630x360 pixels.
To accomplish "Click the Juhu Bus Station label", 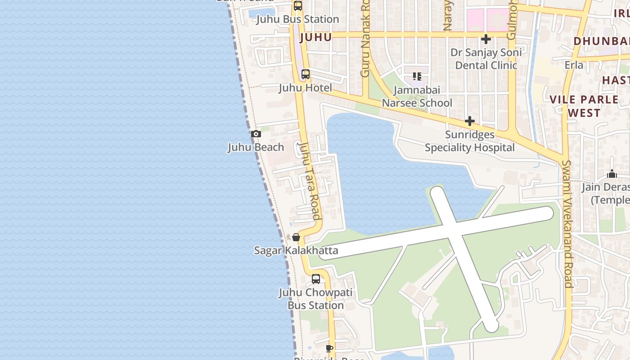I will click(x=297, y=19).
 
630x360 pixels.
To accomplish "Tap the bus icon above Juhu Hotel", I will click(x=306, y=74).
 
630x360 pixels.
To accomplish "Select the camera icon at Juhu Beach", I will click(x=256, y=134).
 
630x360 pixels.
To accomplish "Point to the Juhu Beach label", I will click(x=256, y=147).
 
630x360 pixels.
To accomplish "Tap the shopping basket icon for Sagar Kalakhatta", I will click(x=296, y=237).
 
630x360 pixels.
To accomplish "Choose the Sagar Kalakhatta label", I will click(x=296, y=250).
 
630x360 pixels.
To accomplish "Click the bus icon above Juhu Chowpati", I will click(x=316, y=279).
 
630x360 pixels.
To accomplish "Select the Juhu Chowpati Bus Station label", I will click(x=315, y=299).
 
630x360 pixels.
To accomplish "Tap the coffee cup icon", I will click(x=329, y=348).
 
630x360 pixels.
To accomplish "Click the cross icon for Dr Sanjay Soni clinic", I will click(x=486, y=39).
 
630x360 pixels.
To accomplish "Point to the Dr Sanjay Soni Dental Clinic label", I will click(x=486, y=59).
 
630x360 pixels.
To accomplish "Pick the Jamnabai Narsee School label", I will click(x=417, y=96).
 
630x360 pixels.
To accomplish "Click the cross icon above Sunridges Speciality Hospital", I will click(x=470, y=121).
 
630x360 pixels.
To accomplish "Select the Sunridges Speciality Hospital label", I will click(x=470, y=141).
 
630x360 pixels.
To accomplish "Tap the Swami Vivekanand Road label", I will click(x=567, y=224).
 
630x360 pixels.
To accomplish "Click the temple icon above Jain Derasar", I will click(x=612, y=174).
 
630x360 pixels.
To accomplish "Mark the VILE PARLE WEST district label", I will click(x=584, y=106).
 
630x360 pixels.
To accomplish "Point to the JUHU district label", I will click(x=315, y=37).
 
